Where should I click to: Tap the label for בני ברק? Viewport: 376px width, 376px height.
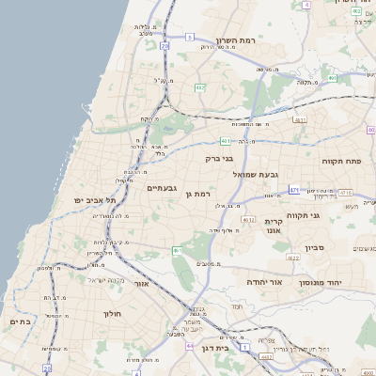(218, 159)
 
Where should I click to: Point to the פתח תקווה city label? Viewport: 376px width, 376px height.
(348, 161)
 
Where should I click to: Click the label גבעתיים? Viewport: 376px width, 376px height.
(162, 188)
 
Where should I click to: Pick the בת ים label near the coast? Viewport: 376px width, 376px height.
(21, 321)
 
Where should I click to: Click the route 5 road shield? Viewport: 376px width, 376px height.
(189, 38)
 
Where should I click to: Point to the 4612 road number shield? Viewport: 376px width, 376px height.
(248, 219)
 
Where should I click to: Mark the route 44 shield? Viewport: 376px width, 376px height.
(189, 345)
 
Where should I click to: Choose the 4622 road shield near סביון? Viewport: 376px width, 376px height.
(293, 256)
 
